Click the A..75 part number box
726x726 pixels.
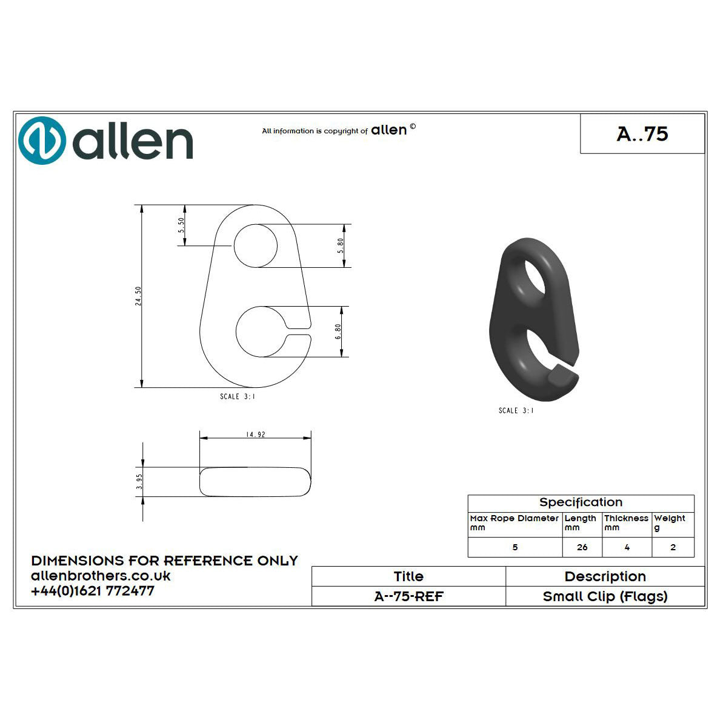pos(642,133)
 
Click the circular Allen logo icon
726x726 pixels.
pos(42,141)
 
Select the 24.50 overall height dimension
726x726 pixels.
pos(138,296)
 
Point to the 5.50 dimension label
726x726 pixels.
pos(181,225)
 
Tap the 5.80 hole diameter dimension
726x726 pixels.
pos(341,245)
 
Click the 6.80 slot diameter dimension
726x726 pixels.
pos(339,331)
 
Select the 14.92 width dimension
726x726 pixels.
pos(255,435)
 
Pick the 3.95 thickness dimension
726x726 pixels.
pos(139,482)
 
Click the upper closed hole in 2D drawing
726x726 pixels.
pos(255,245)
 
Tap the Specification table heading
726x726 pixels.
pos(581,502)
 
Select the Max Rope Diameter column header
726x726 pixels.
pos(514,522)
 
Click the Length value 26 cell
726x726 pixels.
pos(582,547)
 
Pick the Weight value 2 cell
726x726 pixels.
pos(673,547)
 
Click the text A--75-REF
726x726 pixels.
pos(408,596)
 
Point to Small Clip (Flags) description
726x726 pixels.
pos(605,596)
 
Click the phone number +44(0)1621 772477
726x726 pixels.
pos(93,591)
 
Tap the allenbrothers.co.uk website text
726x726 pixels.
pos(101,576)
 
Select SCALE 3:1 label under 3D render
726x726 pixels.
pos(516,411)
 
